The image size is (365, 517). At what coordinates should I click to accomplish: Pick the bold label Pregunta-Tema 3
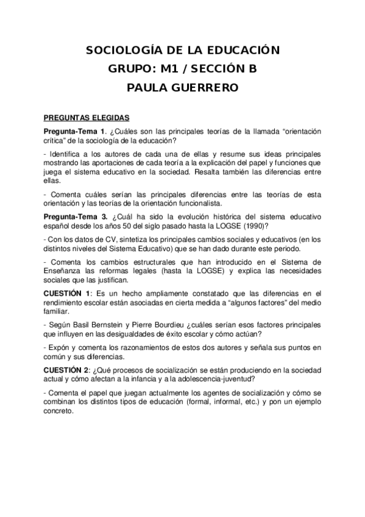[76, 216]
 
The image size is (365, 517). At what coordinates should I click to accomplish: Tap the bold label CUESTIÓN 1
[67, 293]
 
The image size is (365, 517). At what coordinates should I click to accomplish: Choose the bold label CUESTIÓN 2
[67, 370]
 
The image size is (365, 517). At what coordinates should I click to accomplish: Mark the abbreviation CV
[99, 238]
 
